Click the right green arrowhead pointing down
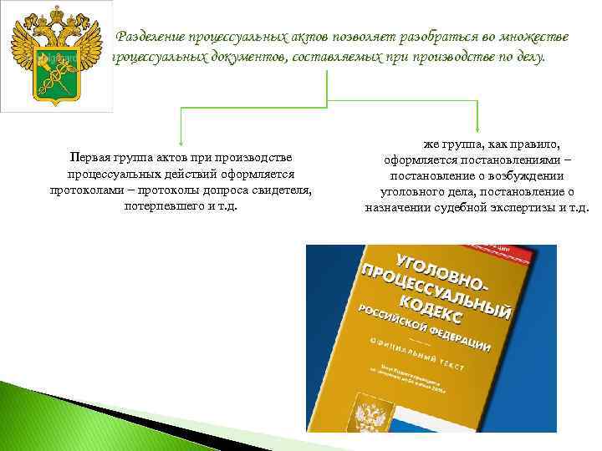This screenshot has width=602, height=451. [x=477, y=125]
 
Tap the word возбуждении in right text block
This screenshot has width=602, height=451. [x=530, y=176]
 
